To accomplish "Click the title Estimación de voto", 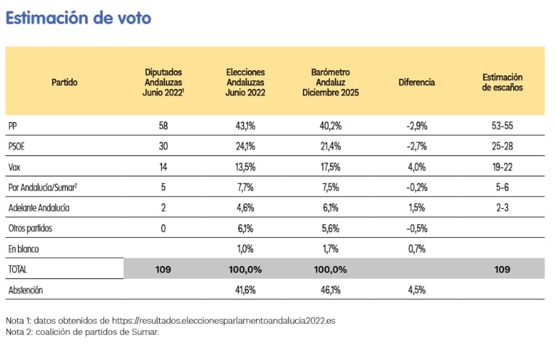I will point(78,18).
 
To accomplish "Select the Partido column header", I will point(64,82).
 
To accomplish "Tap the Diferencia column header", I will point(417,82).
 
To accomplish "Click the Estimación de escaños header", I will point(502,82).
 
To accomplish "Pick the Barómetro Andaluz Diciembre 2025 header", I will point(330,82).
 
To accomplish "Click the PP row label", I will point(13,126).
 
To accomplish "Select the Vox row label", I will point(15,166).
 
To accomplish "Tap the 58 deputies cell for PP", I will point(163,126).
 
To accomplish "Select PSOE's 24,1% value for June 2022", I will point(245,146).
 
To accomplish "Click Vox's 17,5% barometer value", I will point(330,166).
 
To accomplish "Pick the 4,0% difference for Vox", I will point(417,166).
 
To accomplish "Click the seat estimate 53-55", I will point(502,126).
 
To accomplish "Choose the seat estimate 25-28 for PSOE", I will point(502,146).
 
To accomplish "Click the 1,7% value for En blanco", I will point(330,249).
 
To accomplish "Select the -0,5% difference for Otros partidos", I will point(417,228).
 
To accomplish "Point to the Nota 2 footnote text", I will point(82,332).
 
